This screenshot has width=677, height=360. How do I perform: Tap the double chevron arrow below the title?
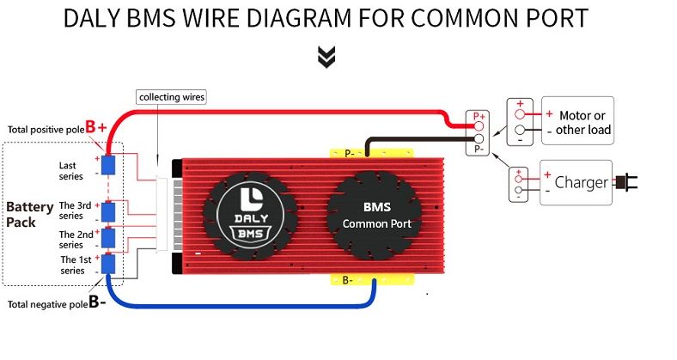tap(326, 57)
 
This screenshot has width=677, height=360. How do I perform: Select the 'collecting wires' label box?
tap(172, 97)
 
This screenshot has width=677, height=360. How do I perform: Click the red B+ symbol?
tap(96, 127)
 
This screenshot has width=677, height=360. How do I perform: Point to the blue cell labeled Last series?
tap(109, 165)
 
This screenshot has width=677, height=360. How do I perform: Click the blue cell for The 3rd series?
tap(109, 211)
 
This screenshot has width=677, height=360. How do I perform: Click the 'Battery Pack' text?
tap(29, 214)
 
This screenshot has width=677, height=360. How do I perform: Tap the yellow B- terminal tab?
tap(346, 280)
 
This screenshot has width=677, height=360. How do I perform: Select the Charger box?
tap(575, 182)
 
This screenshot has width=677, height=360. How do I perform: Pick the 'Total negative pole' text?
tap(47, 304)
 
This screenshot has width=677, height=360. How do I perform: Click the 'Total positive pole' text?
tap(46, 130)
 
